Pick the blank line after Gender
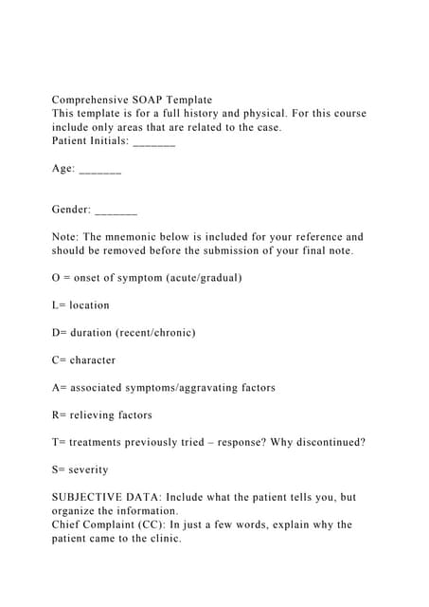point(116,210)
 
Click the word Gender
point(71,210)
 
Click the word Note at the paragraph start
point(65,237)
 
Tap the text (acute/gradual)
point(204,278)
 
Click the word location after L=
point(89,305)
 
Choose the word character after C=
point(93,360)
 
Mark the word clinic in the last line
point(162,539)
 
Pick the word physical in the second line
point(261,113)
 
